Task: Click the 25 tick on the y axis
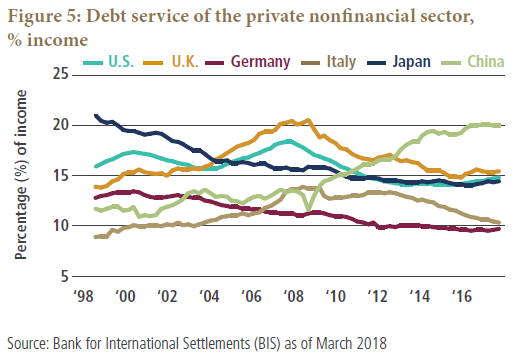[60, 74]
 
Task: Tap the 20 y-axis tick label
[60, 125]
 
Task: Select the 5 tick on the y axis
[64, 276]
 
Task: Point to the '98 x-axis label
[83, 296]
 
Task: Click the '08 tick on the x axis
[293, 296]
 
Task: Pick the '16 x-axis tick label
[462, 296]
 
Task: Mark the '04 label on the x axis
[209, 296]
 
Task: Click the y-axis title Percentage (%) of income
[21, 175]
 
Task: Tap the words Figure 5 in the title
[44, 17]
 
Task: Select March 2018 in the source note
[351, 343]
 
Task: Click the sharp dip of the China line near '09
[308, 210]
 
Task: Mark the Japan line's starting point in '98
[96, 116]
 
